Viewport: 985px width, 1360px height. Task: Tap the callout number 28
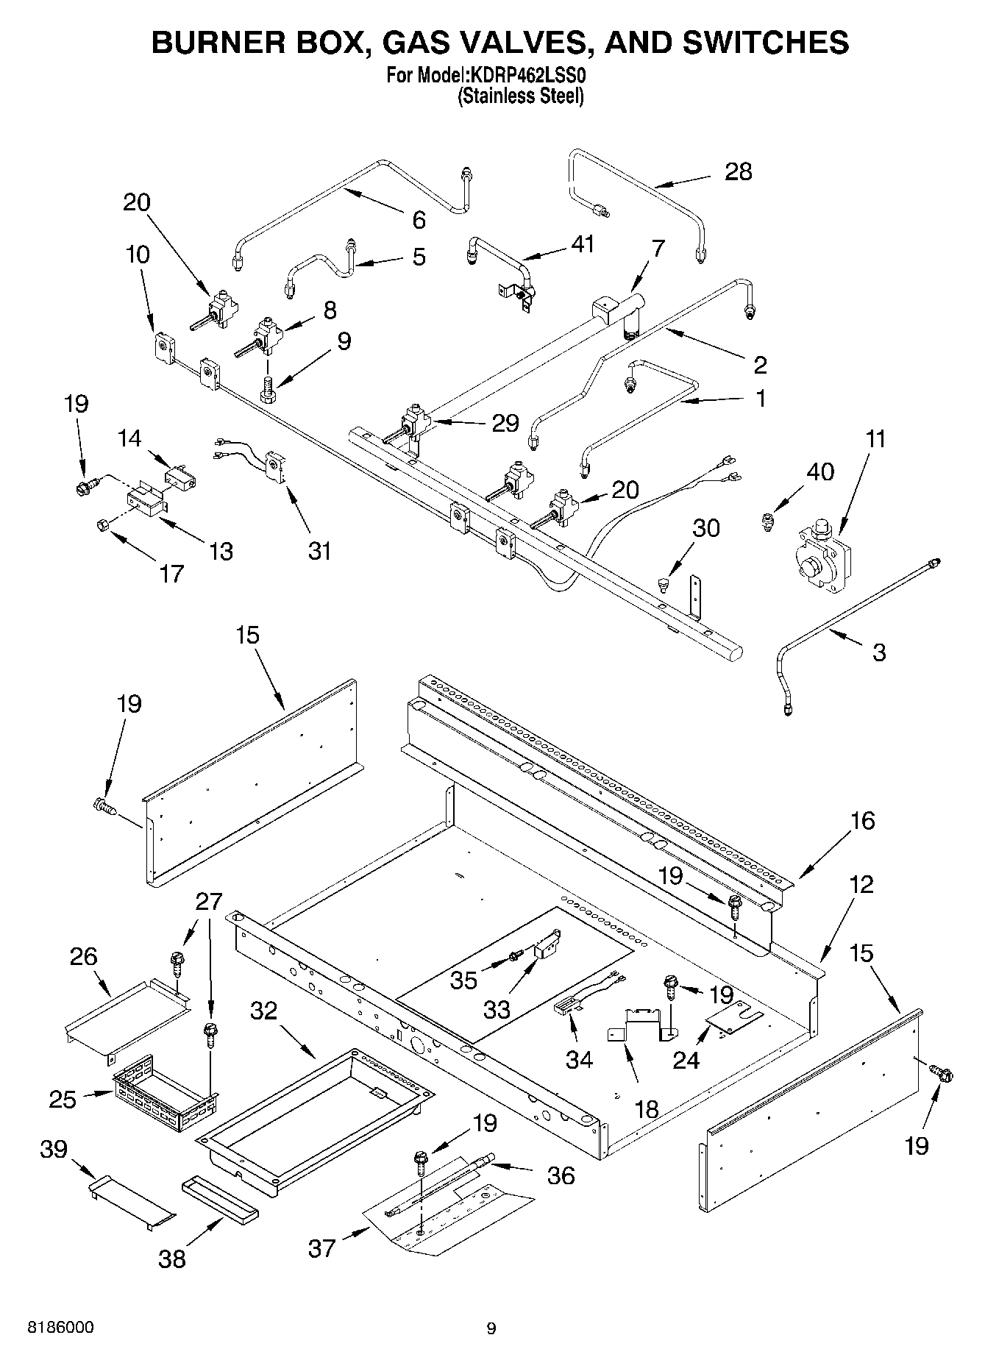pyautogui.click(x=739, y=171)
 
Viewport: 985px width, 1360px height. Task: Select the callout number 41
pyautogui.click(x=582, y=243)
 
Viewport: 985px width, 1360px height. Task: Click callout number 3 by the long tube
pyautogui.click(x=879, y=652)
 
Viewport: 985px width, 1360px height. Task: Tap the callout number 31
pyautogui.click(x=319, y=550)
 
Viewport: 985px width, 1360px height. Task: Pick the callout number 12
pyautogui.click(x=861, y=884)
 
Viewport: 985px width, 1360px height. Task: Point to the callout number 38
pyautogui.click(x=172, y=1259)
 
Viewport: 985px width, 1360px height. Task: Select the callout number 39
pyautogui.click(x=54, y=1149)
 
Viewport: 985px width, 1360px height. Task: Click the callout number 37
pyautogui.click(x=322, y=1247)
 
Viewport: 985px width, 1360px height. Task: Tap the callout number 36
pyautogui.click(x=561, y=1175)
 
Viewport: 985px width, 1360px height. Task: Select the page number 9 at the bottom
pyautogui.click(x=491, y=1328)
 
